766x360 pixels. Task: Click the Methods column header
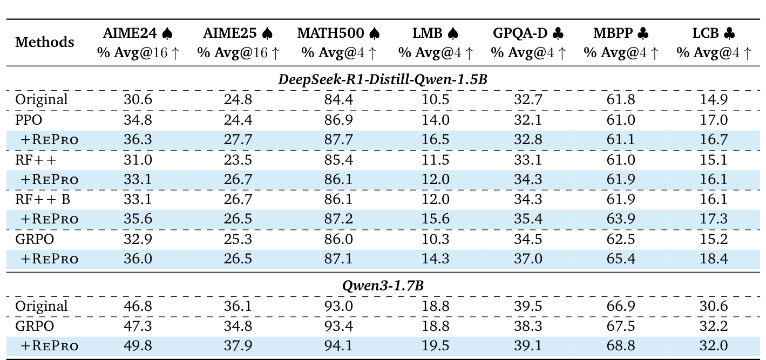44,42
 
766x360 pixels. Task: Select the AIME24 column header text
130,33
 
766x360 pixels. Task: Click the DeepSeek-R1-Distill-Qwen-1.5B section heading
383,79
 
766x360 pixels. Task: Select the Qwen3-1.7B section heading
383,286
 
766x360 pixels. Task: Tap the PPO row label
28,119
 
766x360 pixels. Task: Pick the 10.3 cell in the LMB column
436,239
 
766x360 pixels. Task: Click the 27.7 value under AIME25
238,139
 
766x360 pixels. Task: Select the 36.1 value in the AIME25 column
238,307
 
